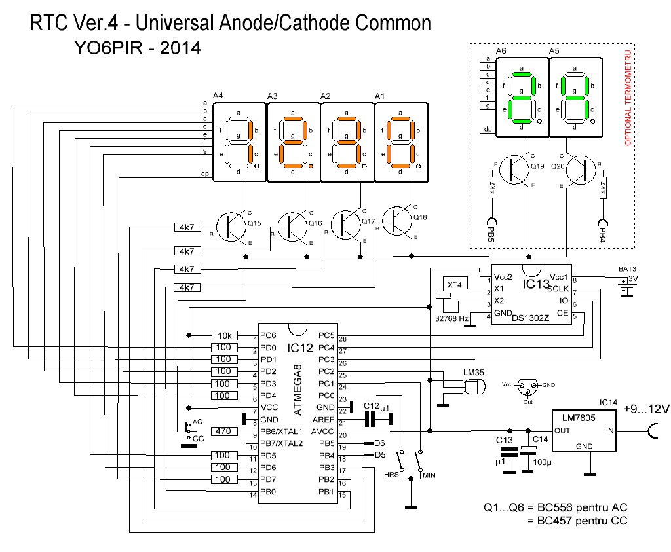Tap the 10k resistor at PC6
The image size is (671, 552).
(x=224, y=335)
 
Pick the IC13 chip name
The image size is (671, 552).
(x=536, y=284)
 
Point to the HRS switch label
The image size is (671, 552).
(x=392, y=474)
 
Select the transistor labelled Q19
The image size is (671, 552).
(x=513, y=169)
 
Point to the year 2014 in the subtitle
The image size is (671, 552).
(x=176, y=48)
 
